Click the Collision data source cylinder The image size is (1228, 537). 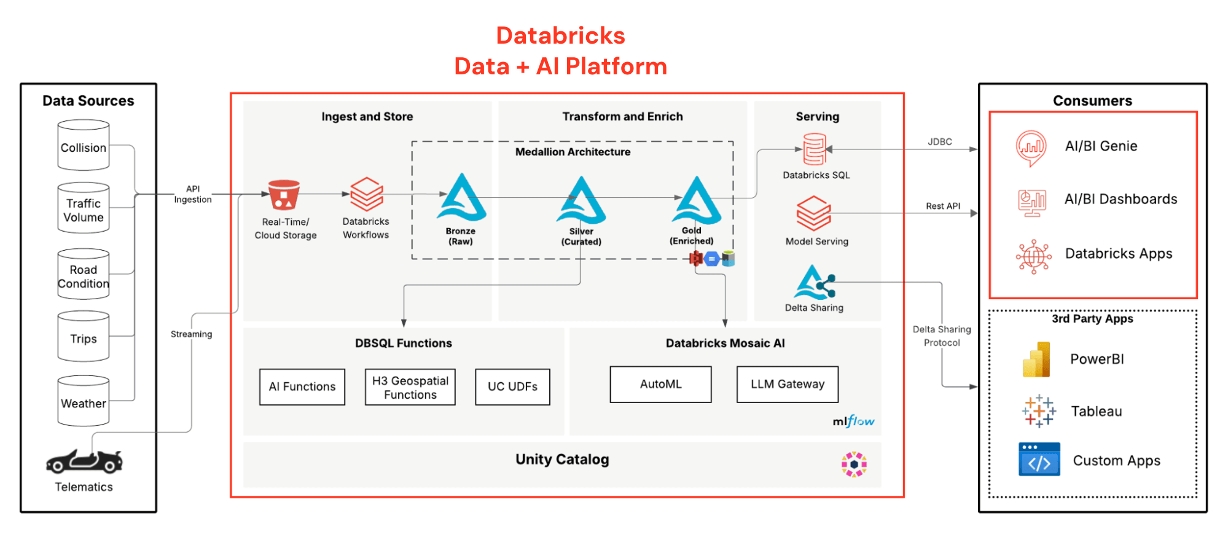click(84, 145)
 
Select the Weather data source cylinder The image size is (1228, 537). click(84, 401)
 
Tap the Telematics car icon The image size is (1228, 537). click(84, 461)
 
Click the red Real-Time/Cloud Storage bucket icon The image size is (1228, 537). click(284, 195)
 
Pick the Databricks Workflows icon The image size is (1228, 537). click(367, 194)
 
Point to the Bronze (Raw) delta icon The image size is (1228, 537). click(461, 197)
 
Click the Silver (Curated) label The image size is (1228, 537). click(581, 237)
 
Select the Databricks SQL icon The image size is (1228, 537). click(815, 149)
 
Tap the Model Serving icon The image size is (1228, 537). click(814, 213)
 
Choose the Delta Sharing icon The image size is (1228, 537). click(815, 283)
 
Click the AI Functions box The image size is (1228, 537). click(302, 386)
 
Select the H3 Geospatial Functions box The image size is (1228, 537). click(410, 387)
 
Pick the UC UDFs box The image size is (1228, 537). click(512, 386)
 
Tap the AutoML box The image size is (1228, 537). click(661, 384)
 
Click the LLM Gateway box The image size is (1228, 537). click(788, 384)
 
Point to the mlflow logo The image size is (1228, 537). click(853, 421)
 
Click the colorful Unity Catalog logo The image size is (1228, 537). click(854, 464)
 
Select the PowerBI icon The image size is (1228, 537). click(1036, 359)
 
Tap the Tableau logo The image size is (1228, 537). click(1039, 411)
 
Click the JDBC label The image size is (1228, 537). click(940, 142)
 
